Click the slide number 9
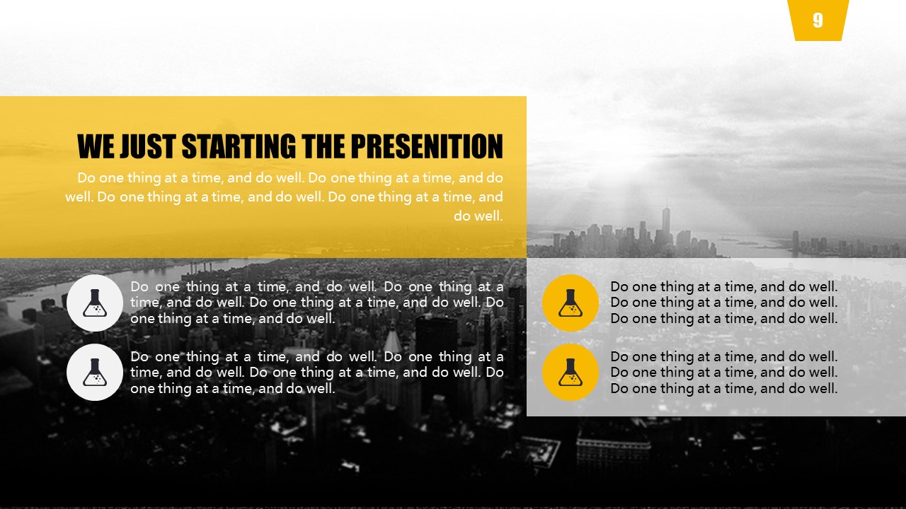[818, 20]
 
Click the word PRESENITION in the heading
[427, 146]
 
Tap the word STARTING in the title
[239, 146]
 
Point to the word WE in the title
[96, 146]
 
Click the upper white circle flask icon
[95, 303]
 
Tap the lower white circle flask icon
[95, 373]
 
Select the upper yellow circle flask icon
[570, 303]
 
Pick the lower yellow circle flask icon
[570, 373]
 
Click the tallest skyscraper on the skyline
[666, 226]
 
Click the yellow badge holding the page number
[818, 21]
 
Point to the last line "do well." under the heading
[478, 216]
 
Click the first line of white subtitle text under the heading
[290, 177]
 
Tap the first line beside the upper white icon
[316, 287]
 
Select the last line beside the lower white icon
[233, 389]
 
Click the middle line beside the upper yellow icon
[723, 302]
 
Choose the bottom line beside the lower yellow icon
[723, 389]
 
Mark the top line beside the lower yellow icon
[723, 357]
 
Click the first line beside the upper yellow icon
[723, 287]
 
